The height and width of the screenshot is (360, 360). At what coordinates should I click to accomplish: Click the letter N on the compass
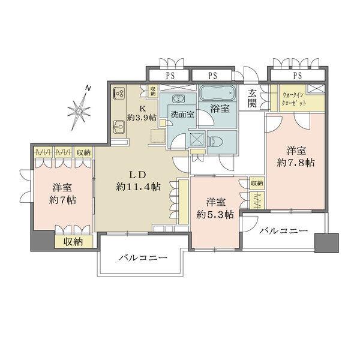pyautogui.click(x=88, y=89)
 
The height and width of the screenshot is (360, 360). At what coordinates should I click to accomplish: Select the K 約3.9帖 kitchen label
pyautogui.click(x=142, y=113)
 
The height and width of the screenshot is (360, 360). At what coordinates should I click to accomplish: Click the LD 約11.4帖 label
pyautogui.click(x=139, y=180)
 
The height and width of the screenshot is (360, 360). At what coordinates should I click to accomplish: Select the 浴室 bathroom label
pyautogui.click(x=218, y=109)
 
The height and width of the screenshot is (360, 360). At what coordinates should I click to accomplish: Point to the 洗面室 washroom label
pyautogui.click(x=182, y=114)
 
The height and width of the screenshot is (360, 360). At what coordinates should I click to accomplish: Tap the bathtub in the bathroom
pyautogui.click(x=218, y=94)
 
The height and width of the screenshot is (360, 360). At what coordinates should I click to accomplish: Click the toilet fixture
pyautogui.click(x=218, y=140)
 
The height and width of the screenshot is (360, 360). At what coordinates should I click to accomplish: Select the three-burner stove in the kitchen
pyautogui.click(x=118, y=93)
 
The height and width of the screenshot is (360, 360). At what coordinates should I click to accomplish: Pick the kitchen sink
pyautogui.click(x=118, y=127)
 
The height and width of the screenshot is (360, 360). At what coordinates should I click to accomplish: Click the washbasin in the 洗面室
pyautogui.click(x=178, y=100)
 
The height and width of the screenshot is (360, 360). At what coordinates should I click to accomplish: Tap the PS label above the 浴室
pyautogui.click(x=213, y=76)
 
